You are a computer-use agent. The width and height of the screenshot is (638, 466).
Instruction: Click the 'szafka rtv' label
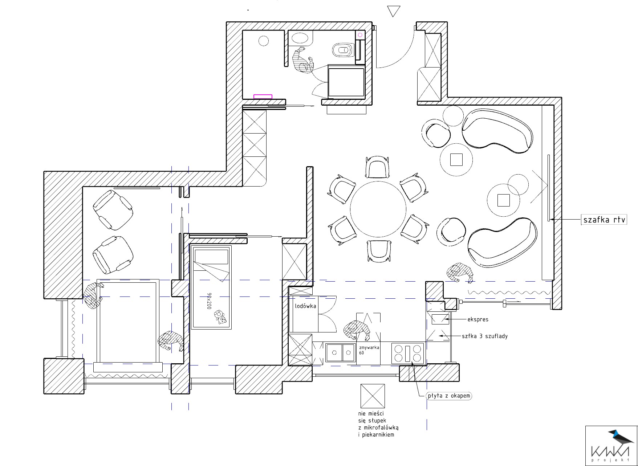point(605,220)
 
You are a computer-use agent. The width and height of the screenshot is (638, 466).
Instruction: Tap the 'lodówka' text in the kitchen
point(305,306)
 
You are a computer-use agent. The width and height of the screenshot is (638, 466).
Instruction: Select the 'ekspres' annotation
point(478,320)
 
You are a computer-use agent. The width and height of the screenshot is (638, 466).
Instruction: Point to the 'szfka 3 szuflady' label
point(485,336)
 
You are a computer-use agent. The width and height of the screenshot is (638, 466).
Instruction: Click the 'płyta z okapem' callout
point(449,396)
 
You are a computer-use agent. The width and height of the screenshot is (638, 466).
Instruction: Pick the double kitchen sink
point(340,352)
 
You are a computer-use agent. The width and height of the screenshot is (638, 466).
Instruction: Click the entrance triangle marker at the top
point(394,11)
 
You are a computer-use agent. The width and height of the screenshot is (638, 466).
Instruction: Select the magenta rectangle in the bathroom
point(263,97)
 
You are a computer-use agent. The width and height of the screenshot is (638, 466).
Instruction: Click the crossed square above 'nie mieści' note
point(373,396)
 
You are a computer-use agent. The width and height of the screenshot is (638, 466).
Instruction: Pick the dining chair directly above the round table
point(378,167)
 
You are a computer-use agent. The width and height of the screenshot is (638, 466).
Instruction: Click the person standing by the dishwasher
point(357,331)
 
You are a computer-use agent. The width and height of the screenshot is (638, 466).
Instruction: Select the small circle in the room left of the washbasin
point(264,41)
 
